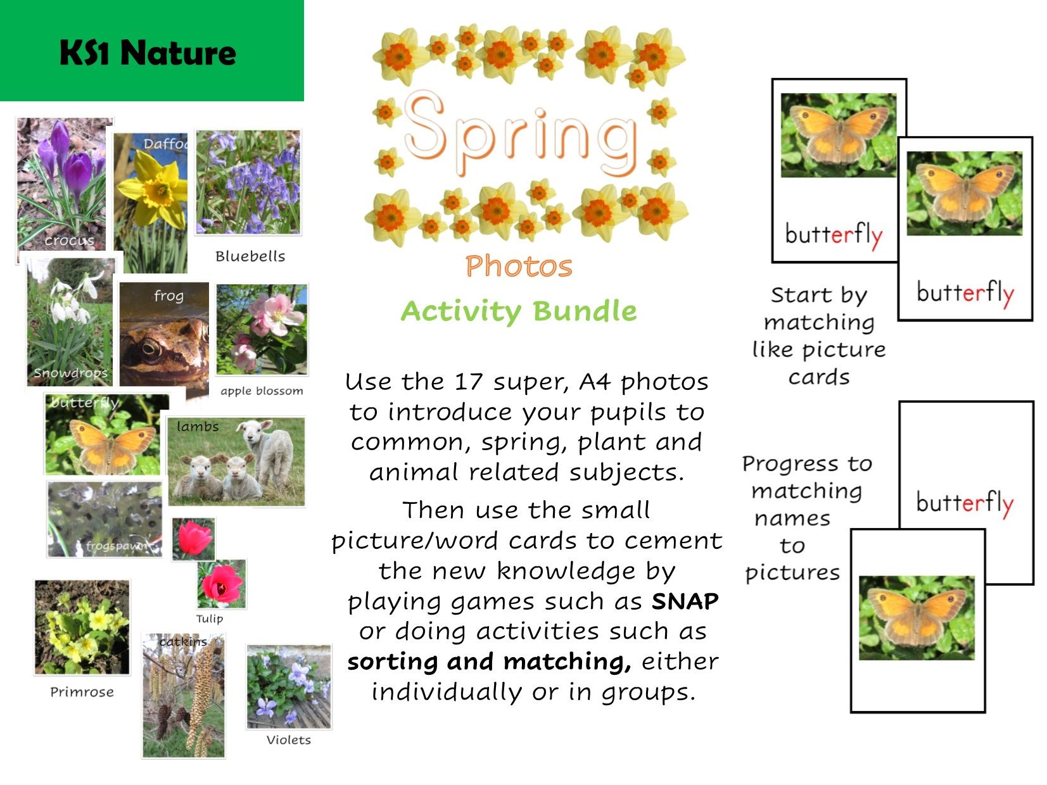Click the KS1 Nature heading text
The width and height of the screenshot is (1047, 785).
click(x=148, y=53)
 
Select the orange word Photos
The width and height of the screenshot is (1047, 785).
click(x=519, y=267)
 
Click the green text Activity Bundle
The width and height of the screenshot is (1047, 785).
click(x=519, y=311)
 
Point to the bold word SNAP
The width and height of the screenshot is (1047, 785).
click(x=685, y=601)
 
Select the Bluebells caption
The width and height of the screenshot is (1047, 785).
click(x=250, y=256)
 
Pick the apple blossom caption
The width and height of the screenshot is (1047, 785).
click(x=262, y=391)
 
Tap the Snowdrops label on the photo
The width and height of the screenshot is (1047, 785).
click(x=70, y=373)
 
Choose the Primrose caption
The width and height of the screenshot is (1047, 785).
click(x=82, y=692)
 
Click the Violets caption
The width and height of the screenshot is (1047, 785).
click(x=289, y=740)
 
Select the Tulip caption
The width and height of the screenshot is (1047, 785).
click(x=209, y=619)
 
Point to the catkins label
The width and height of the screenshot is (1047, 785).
click(x=183, y=642)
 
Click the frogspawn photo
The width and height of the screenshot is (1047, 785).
click(x=105, y=519)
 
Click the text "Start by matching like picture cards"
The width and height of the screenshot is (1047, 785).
click(x=819, y=336)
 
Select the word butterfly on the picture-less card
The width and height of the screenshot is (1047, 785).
click(x=965, y=503)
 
